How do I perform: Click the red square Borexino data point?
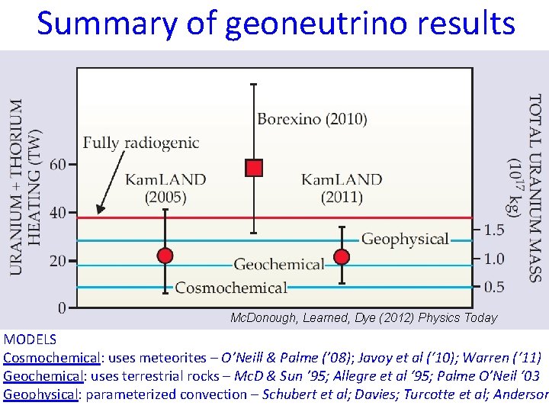tap(254, 168)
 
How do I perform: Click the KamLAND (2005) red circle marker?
tap(165, 255)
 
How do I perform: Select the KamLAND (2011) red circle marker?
tap(342, 256)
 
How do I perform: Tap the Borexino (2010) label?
tap(312, 119)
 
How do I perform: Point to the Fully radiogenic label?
tap(141, 143)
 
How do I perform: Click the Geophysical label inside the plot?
tap(405, 239)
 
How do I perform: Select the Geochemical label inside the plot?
tap(278, 265)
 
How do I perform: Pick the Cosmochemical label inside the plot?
tap(231, 288)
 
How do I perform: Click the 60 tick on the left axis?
tap(57, 164)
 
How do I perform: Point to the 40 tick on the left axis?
tap(57, 212)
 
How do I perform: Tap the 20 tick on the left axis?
tap(57, 261)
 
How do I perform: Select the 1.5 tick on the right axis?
tap(494, 230)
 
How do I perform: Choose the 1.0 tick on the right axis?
tap(494, 259)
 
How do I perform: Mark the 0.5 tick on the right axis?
tap(494, 287)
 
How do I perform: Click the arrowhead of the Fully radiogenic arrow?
tap(99, 208)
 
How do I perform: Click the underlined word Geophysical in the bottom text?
tap(40, 394)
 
